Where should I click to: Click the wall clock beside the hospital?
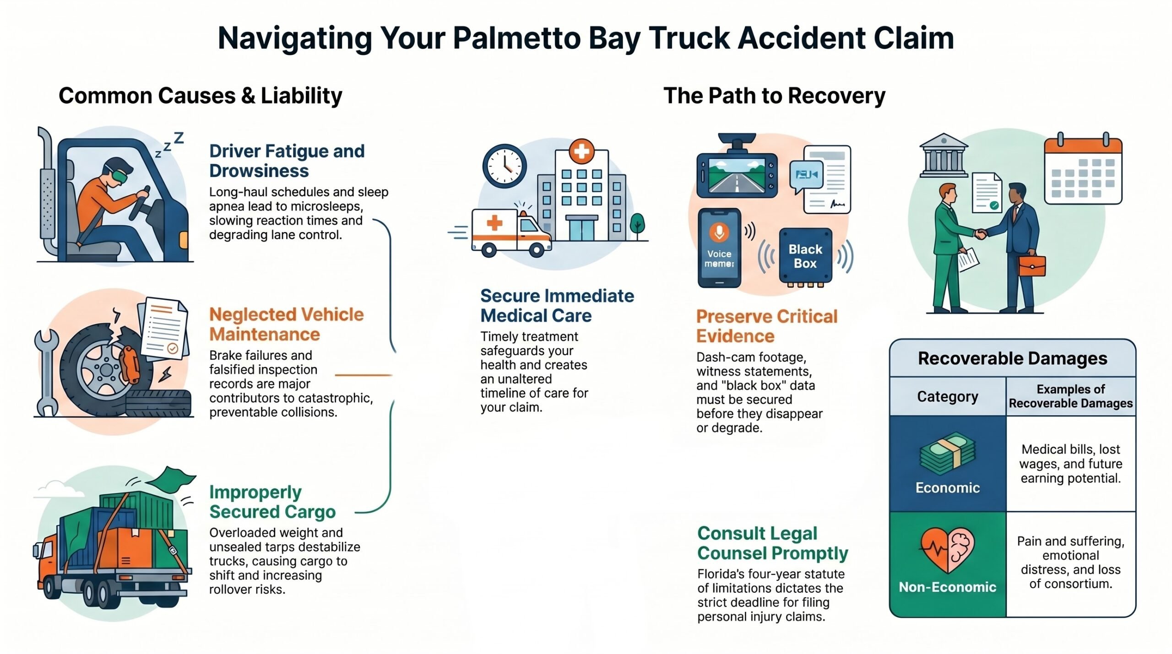point(505,166)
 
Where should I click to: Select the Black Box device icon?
point(805,257)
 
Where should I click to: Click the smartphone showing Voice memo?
point(719,248)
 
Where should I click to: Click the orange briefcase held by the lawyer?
point(1032,265)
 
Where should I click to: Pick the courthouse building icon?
point(944,155)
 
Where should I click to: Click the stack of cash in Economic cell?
point(947,454)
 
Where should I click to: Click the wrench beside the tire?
point(46,372)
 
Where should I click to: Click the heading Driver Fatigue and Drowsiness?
point(287,161)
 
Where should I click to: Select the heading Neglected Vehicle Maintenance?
point(287,324)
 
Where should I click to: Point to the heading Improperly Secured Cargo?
point(272,502)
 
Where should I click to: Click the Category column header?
point(948,396)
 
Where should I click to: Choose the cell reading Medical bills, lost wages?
point(1071,463)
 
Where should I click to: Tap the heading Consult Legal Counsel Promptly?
point(773,543)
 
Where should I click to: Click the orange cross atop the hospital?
point(581,151)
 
